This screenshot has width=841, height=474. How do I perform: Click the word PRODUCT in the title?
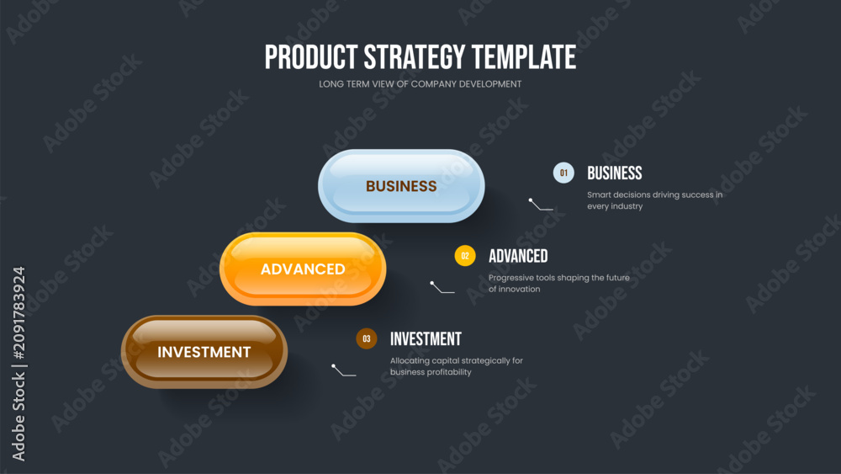pos(311,57)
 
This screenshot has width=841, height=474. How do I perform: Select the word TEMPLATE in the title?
pos(524,57)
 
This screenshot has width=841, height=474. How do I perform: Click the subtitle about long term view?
pos(420,84)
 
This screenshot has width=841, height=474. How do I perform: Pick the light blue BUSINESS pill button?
pos(401,186)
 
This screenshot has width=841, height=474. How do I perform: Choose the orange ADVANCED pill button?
pos(303,269)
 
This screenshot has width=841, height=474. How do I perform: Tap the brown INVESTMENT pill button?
pos(204,352)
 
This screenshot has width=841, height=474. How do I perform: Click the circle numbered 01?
pos(563,173)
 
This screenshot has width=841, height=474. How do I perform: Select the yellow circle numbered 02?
pos(465,256)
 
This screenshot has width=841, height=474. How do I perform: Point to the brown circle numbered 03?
pos(367,338)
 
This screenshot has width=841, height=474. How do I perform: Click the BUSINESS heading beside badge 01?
pos(615,173)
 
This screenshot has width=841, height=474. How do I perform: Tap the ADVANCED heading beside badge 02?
pos(518,256)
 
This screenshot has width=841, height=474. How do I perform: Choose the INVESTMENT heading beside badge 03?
pos(426,338)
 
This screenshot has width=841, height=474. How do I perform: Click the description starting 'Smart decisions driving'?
pos(655,200)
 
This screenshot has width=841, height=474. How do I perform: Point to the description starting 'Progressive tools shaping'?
pos(559,284)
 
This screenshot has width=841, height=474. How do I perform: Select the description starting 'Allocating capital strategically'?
pos(457,366)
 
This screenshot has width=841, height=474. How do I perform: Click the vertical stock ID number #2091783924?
pos(19,313)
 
